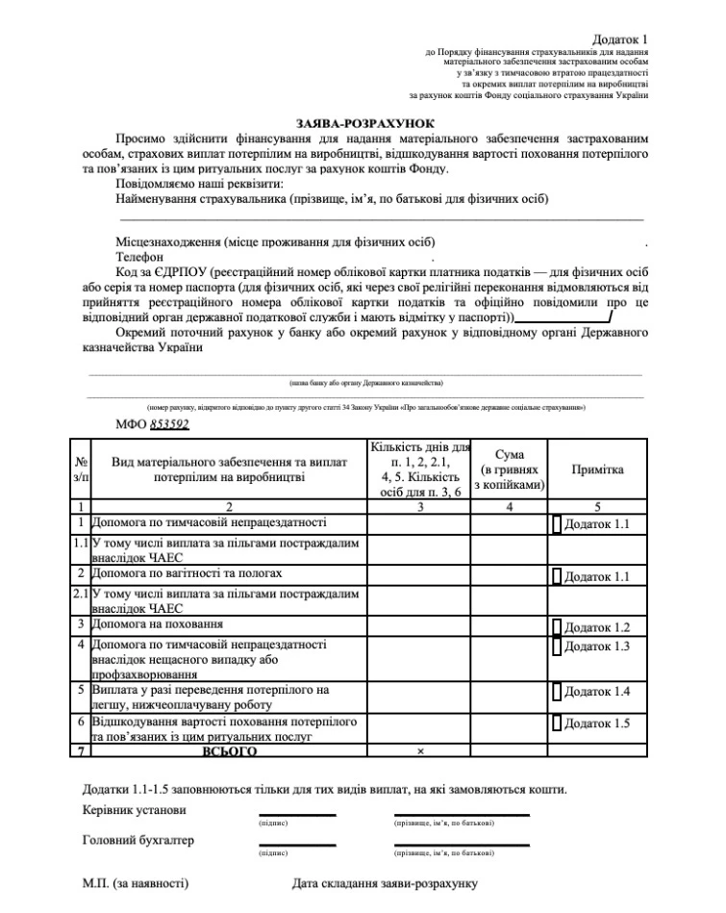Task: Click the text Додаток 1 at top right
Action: coord(620,35)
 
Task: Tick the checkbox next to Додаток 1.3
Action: coord(557,647)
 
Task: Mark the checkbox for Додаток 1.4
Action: coord(557,692)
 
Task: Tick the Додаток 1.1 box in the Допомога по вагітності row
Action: coord(557,576)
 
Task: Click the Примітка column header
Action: coord(597,469)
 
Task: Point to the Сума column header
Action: coord(510,469)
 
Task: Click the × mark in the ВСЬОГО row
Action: coord(420,749)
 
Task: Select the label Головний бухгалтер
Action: coord(138,840)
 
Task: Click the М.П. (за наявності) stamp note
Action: coord(135,883)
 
